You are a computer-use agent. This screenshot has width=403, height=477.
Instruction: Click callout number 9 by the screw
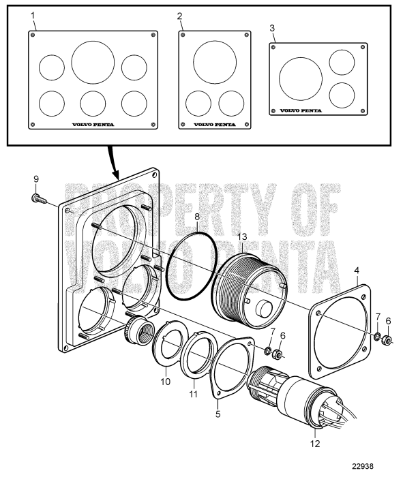coord(36,179)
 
